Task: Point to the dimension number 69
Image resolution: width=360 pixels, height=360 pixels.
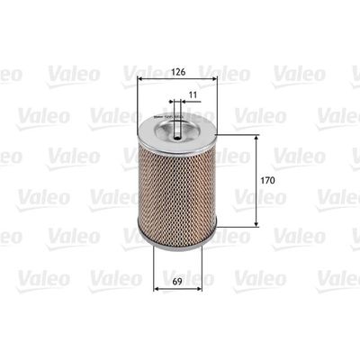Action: (x=180, y=290)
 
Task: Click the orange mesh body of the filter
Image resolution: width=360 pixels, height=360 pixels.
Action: (x=180, y=189)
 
